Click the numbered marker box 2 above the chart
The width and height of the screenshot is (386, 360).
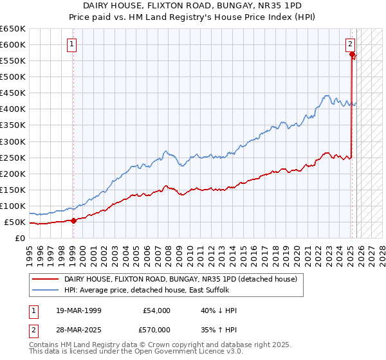click(350, 44)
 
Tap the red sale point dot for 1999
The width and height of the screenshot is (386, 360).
click(73, 221)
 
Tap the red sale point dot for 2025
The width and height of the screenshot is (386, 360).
click(353, 55)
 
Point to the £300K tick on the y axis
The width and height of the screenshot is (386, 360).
click(13, 141)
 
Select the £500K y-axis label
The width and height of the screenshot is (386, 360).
click(13, 77)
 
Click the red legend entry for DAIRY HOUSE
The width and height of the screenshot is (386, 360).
click(180, 279)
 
